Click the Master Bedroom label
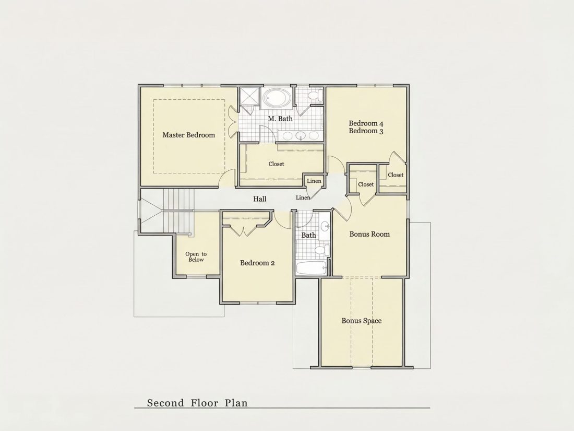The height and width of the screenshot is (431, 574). (x=188, y=135)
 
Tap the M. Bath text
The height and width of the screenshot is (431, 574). (x=280, y=119)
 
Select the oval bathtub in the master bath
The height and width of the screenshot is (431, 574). (x=277, y=98)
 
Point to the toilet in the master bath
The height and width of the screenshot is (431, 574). (x=315, y=96)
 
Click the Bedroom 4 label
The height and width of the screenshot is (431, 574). (x=366, y=123)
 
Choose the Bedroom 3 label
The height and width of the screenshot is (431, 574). (x=366, y=131)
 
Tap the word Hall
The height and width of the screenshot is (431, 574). (x=260, y=199)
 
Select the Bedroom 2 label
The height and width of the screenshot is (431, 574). (x=257, y=263)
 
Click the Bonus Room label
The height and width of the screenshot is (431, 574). (x=369, y=234)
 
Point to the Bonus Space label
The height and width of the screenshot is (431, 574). (x=362, y=321)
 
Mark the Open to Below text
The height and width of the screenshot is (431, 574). (x=196, y=257)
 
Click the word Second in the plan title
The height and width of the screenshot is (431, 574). (x=165, y=403)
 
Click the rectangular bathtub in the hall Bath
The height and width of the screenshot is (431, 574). (x=311, y=269)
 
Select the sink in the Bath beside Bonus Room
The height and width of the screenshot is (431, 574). (x=325, y=225)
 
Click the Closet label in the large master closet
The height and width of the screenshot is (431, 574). (x=276, y=164)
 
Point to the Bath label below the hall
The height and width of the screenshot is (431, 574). (x=308, y=235)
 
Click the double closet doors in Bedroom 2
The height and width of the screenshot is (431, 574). (x=244, y=232)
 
